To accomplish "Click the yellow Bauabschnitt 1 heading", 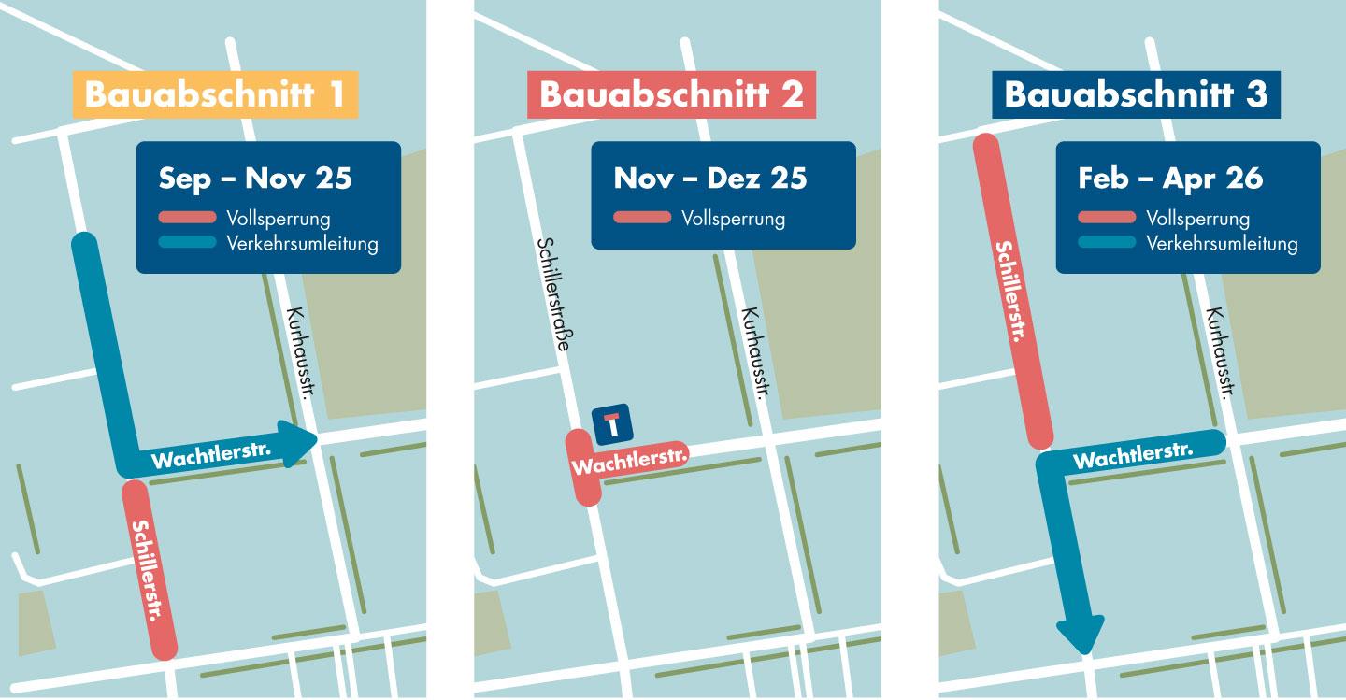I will coord(216,95).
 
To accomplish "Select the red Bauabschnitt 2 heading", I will coord(671,95).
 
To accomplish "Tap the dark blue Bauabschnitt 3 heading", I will coord(1136,95).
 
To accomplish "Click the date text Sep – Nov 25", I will coord(255,178).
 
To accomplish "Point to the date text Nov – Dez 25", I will coord(709,178).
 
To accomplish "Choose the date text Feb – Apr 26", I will coord(1170,178).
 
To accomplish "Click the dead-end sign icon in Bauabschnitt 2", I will coord(612,425).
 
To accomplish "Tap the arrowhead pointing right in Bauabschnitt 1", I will coord(301,443).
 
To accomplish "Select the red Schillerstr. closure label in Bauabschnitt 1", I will coord(150,571).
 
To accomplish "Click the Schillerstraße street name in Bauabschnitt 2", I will coord(553,293).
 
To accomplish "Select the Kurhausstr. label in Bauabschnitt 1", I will coord(299,354).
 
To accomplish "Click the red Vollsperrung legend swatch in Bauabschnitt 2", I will coord(642,219).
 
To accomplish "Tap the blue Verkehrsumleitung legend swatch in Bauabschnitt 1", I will coord(188,243).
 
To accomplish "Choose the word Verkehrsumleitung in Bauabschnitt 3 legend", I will coord(1222,244).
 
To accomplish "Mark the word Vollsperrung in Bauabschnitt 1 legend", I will coord(278,219).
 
